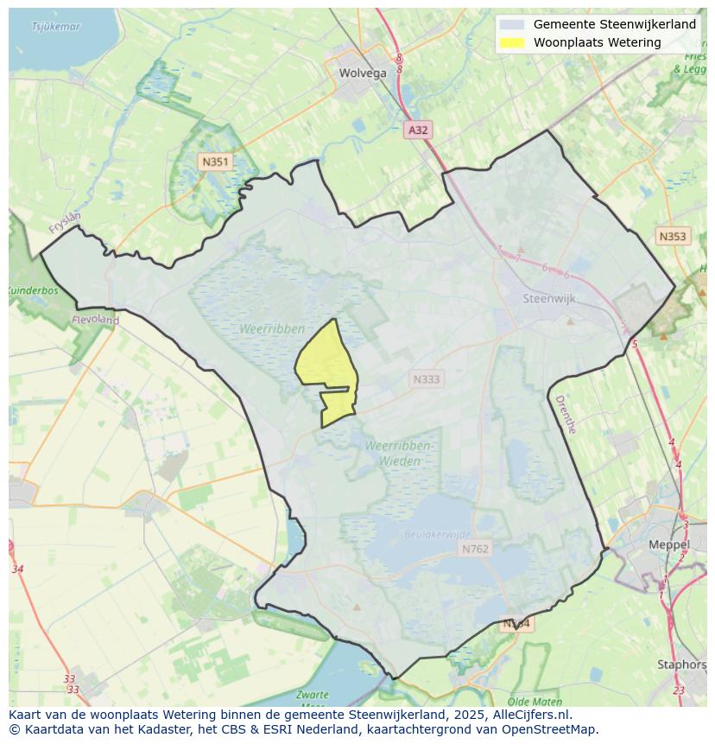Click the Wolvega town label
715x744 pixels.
(363, 73)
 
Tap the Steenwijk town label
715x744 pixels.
(549, 299)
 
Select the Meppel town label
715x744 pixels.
(669, 545)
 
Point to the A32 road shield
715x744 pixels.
(418, 130)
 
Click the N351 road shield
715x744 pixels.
(214, 162)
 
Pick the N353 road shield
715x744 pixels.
(672, 236)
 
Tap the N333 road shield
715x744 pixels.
(426, 378)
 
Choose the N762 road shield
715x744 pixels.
(475, 549)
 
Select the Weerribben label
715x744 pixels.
(274, 329)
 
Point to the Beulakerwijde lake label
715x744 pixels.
(438, 535)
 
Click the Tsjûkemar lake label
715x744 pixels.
(55, 27)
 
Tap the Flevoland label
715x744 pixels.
(96, 320)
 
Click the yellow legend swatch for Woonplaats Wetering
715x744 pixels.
(512, 42)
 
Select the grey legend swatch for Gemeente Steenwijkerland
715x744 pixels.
(512, 24)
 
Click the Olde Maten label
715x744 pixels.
(535, 702)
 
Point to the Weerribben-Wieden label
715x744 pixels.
(398, 454)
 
